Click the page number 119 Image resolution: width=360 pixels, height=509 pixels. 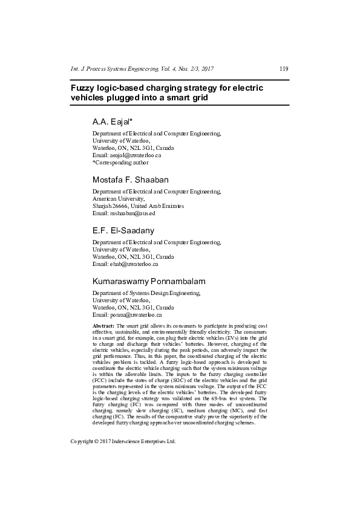point(284,69)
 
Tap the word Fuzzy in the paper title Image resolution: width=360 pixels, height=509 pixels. point(84,88)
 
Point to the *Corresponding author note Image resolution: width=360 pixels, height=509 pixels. point(120,163)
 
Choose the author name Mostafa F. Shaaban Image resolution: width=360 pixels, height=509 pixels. point(130,180)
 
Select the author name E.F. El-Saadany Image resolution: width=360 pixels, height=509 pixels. point(123,231)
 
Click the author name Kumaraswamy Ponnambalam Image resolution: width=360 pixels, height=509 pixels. point(148,282)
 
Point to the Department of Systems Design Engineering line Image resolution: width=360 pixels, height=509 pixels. point(146,293)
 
